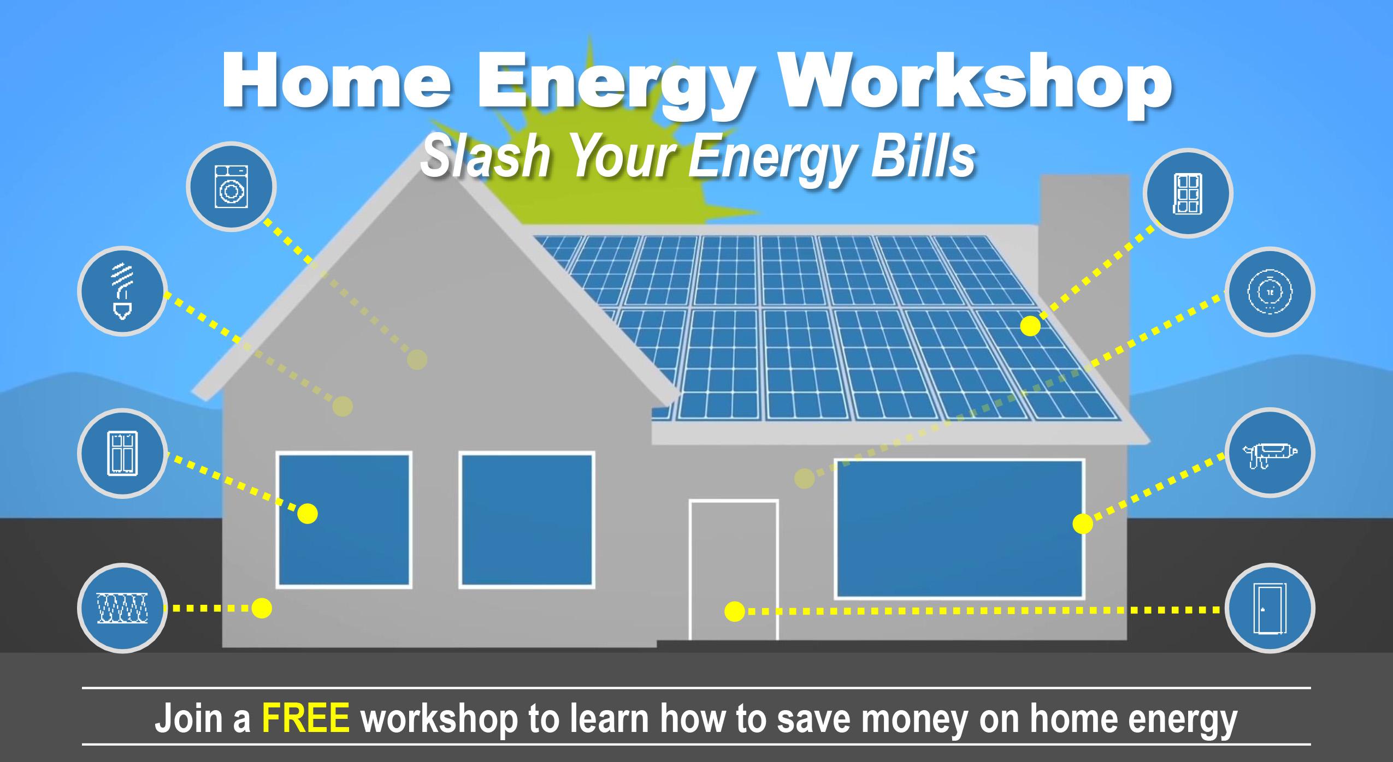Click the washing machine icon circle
coord(231,187)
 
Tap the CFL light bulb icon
coord(121,293)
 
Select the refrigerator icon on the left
coord(121,453)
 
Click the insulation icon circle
coord(121,608)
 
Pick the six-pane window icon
coord(1188,193)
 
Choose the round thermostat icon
coord(1270,292)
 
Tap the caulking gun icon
coord(1270,453)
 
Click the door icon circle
coord(1270,609)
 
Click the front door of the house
coord(734,570)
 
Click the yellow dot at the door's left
coord(734,611)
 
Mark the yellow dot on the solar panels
coord(1030,326)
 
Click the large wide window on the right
coord(959,529)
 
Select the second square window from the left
coord(527,520)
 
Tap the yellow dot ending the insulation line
coord(262,608)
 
